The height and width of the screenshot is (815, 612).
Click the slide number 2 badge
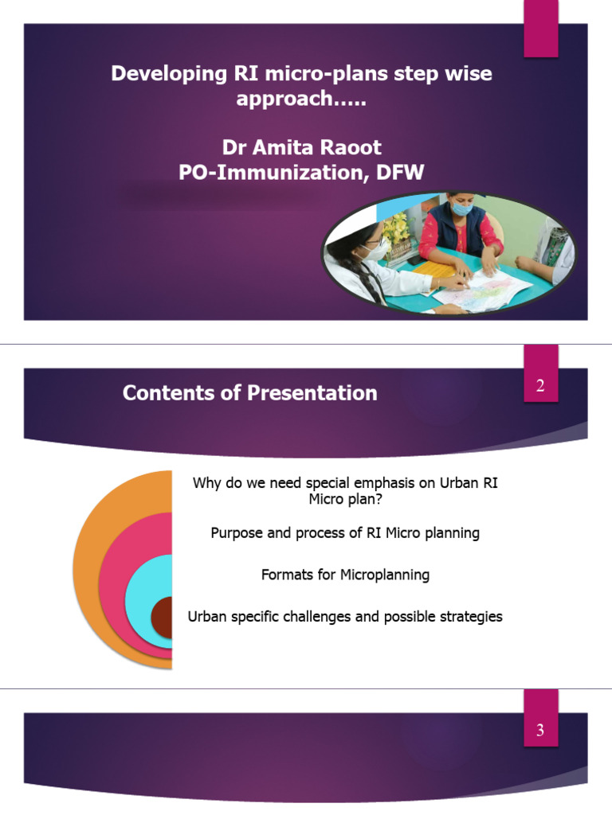click(x=540, y=387)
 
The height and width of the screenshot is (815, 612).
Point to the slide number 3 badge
click(x=540, y=730)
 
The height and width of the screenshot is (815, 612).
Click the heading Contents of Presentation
click(x=249, y=392)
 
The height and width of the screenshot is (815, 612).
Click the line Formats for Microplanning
click(x=345, y=575)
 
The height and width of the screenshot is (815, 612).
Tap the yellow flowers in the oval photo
click(x=396, y=228)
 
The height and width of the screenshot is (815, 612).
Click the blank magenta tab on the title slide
click(x=540, y=29)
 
